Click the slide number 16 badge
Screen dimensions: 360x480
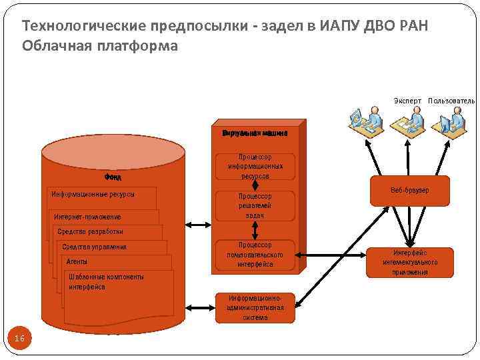19,339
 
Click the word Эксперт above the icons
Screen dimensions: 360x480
407,101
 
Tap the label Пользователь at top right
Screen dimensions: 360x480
451,101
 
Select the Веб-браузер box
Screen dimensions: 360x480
409,191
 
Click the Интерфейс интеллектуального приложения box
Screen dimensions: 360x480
409,262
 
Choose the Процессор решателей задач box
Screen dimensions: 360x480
255,206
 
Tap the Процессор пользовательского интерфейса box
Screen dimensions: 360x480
255,255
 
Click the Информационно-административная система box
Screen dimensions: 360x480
255,307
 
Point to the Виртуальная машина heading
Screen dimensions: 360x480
255,132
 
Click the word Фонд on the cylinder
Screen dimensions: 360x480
112,177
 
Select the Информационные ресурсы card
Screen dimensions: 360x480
93,195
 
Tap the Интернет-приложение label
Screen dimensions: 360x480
87,217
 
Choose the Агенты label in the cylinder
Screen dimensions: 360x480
77,262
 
